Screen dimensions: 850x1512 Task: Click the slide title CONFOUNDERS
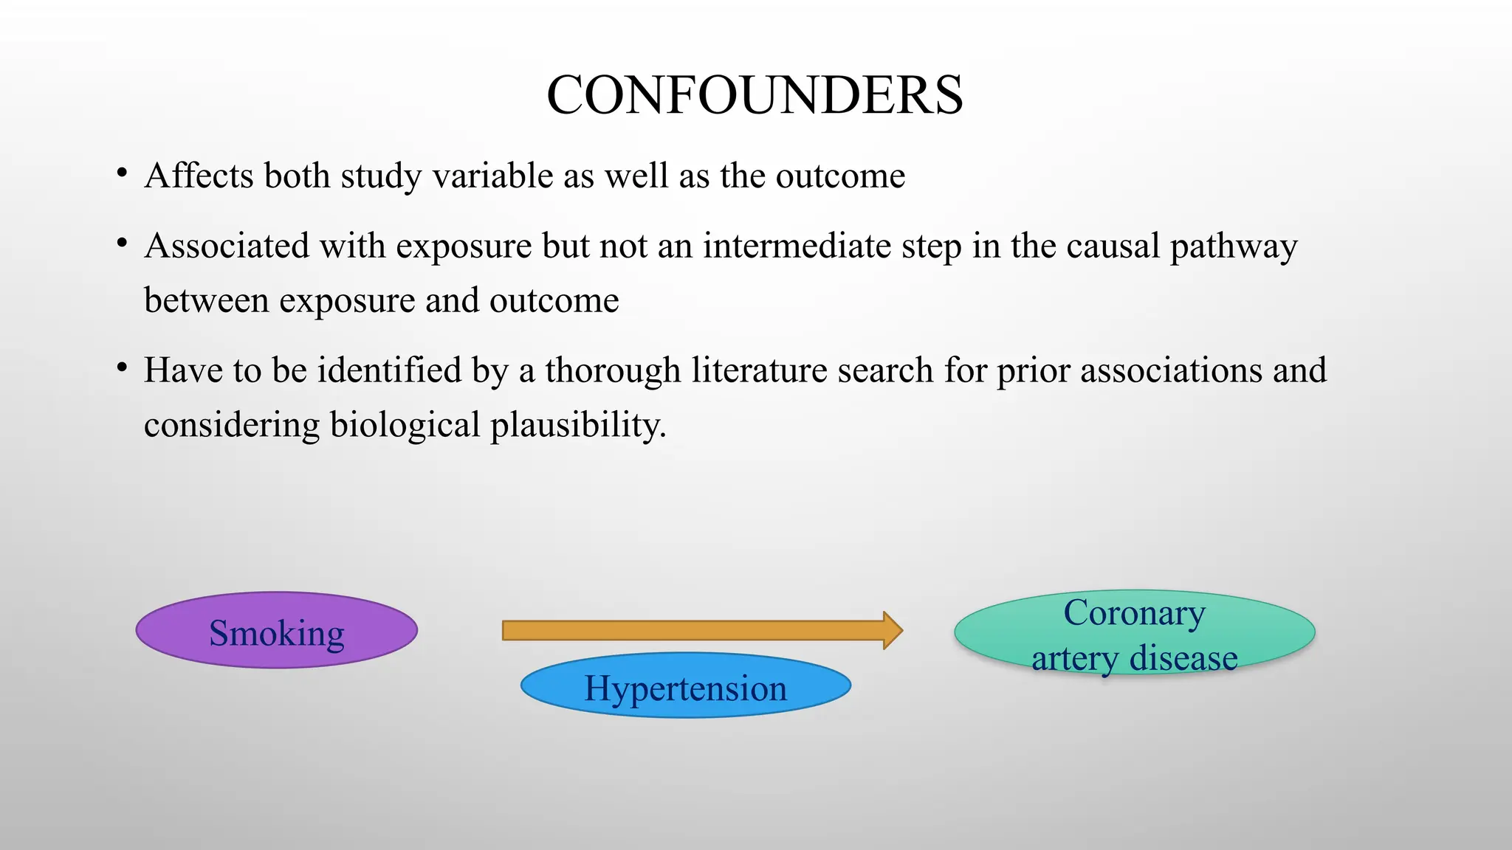(755, 95)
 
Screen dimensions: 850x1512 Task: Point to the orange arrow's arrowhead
(893, 630)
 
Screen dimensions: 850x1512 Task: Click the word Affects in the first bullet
(199, 176)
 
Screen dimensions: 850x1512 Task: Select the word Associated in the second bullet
(227, 246)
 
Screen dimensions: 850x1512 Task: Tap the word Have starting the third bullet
(182, 370)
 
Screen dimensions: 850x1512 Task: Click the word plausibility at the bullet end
(577, 425)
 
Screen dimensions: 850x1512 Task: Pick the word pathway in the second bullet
(1234, 247)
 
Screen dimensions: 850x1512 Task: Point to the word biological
(405, 425)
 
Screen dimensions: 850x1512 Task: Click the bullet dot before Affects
(122, 174)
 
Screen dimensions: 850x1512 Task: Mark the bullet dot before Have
(122, 368)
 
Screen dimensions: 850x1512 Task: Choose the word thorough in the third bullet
(613, 370)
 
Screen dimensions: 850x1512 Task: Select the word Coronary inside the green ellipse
(1134, 612)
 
